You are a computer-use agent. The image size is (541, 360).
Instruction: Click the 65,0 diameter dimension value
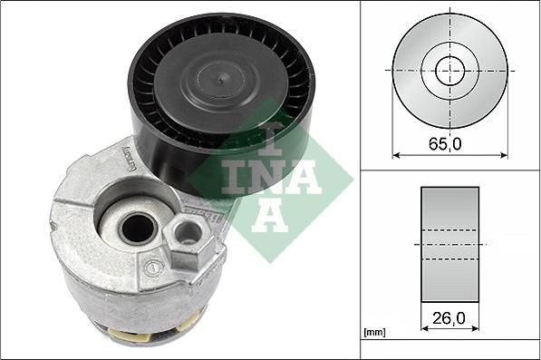[445, 143]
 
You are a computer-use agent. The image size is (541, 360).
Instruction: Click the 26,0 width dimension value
[449, 318]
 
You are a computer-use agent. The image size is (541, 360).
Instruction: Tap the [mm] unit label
[374, 333]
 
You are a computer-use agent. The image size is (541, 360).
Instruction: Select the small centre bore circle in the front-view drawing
[449, 71]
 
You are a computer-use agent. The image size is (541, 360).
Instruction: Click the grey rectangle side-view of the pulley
[449, 245]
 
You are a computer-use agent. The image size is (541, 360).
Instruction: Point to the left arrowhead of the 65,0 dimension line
[396, 155]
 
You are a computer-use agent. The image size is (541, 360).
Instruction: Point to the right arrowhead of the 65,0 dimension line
[504, 155]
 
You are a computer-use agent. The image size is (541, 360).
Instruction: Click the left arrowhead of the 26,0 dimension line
[425, 328]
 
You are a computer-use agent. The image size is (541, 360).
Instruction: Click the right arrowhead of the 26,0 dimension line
[475, 328]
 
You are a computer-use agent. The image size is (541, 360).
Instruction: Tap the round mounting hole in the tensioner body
[138, 229]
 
